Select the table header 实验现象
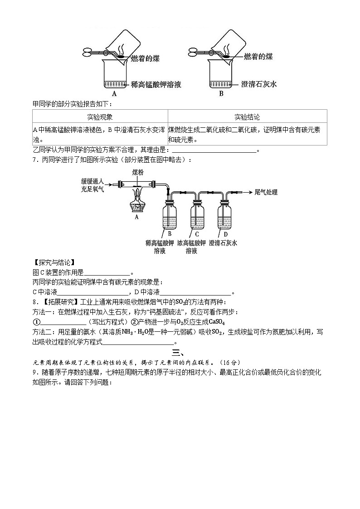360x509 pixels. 100,116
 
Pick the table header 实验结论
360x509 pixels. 247,116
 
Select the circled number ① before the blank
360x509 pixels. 37,322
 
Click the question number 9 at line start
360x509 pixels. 34,373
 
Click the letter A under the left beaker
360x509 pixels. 114,94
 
